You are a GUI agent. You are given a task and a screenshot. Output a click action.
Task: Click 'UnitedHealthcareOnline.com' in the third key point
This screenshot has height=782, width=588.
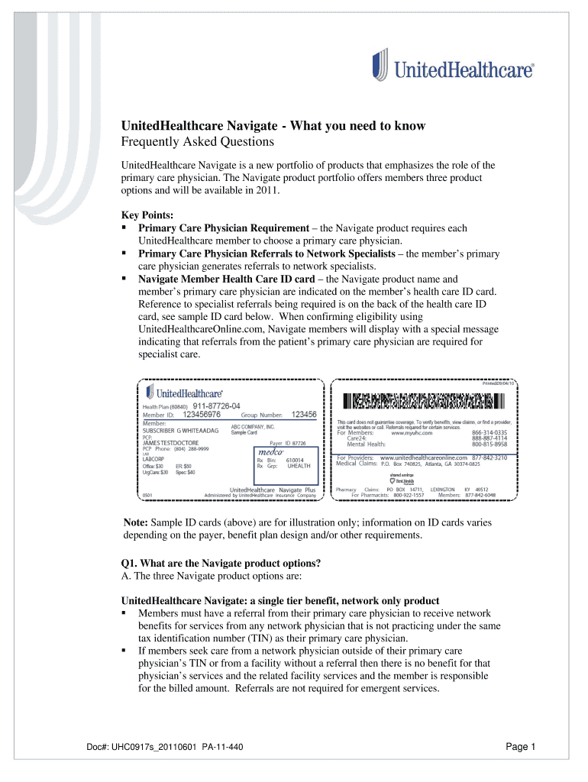click(x=202, y=329)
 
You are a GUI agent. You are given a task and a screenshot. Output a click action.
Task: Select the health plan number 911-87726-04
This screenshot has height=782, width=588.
click(x=216, y=406)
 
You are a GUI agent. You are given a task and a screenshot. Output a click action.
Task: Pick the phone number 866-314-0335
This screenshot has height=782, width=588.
click(x=489, y=432)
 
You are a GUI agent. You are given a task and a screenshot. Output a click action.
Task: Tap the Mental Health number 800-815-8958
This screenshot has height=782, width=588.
click(x=489, y=444)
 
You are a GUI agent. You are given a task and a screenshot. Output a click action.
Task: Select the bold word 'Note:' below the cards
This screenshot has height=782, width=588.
click(x=136, y=523)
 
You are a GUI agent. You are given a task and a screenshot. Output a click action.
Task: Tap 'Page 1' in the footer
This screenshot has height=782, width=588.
click(x=522, y=747)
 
